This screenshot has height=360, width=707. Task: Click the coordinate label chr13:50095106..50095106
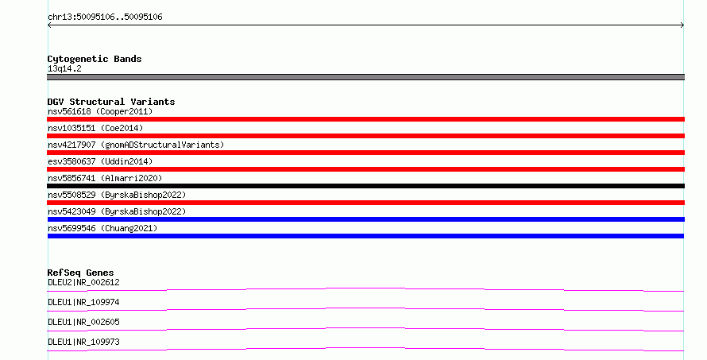105,17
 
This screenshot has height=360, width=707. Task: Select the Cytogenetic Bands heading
95,59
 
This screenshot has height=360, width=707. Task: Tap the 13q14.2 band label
64,68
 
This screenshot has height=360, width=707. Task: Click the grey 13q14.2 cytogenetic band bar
365,77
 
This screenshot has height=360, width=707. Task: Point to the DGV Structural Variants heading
111,102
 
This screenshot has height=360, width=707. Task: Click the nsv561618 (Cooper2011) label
100,111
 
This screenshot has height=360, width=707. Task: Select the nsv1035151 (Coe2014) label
95,128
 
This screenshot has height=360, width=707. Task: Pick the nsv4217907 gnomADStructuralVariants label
136,145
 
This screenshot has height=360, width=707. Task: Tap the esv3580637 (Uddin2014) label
100,161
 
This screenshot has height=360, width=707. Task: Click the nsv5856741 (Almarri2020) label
105,178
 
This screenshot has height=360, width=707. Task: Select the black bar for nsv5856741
365,186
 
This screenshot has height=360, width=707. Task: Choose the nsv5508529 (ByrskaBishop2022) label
117,195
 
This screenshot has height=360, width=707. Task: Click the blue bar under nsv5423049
365,219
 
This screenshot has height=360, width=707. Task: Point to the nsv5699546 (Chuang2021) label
102,228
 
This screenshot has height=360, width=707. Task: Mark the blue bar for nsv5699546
365,236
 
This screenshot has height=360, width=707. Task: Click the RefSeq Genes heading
80,273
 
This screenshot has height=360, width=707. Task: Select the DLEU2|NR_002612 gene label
83,282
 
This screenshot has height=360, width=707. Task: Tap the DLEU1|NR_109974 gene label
83,302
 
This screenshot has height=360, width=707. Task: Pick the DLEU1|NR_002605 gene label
83,322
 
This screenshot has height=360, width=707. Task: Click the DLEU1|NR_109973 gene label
83,342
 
